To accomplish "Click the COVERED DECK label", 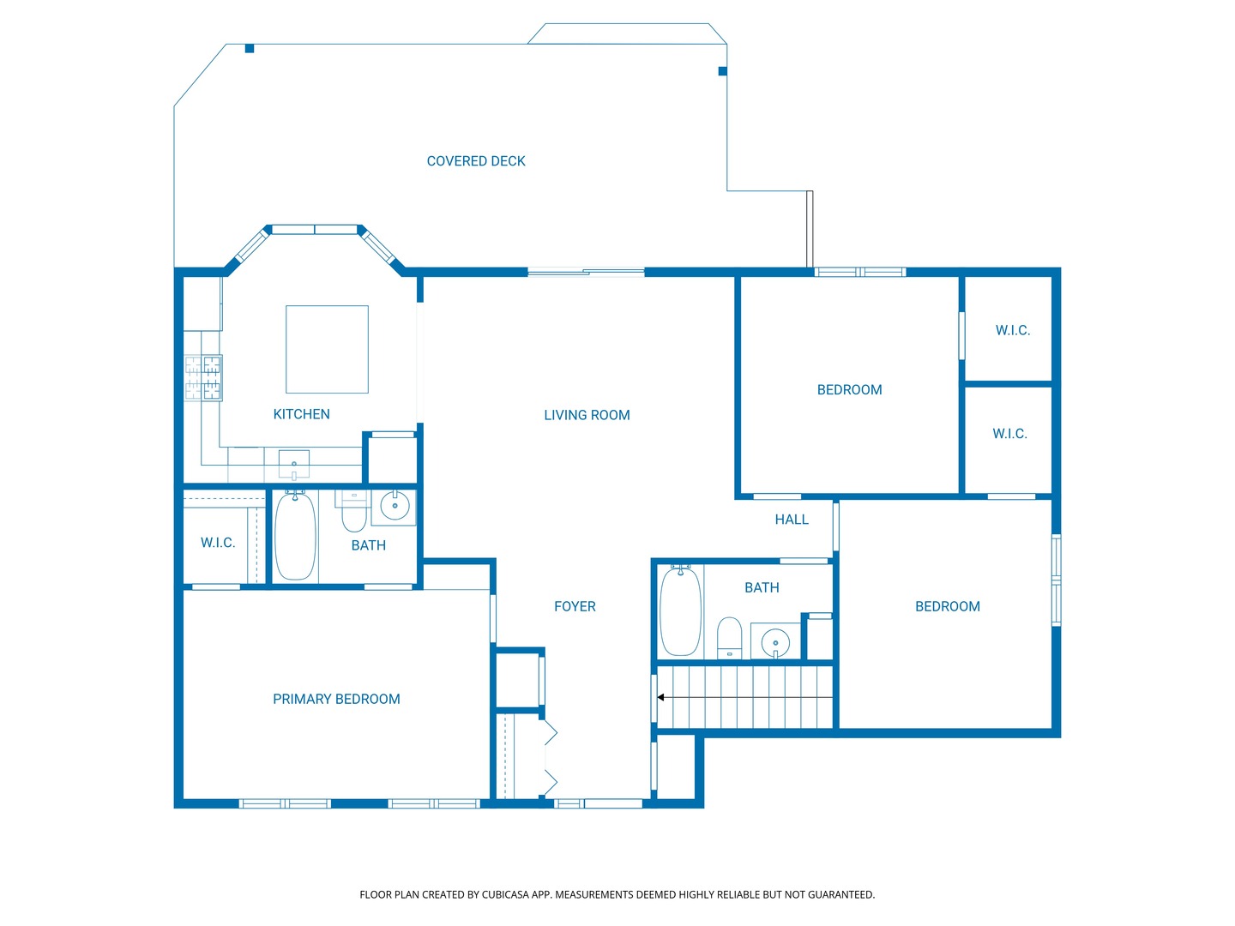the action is pyautogui.click(x=475, y=161).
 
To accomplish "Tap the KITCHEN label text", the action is pyautogui.click(x=301, y=414).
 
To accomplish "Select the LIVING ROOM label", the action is pyautogui.click(x=587, y=416).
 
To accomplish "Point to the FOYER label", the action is pyautogui.click(x=575, y=607).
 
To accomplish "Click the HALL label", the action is pyautogui.click(x=791, y=520).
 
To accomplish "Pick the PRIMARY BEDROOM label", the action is pyautogui.click(x=336, y=700).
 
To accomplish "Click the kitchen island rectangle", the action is pyautogui.click(x=327, y=350).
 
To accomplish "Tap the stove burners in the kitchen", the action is pyautogui.click(x=203, y=378).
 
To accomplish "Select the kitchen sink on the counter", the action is pyautogui.click(x=293, y=465).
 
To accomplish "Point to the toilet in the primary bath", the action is pyautogui.click(x=354, y=512).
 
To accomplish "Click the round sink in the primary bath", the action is pyautogui.click(x=395, y=506).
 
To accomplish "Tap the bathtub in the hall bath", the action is pyautogui.click(x=680, y=611).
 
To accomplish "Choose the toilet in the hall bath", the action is pyautogui.click(x=730, y=638).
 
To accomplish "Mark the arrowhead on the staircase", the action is pyautogui.click(x=660, y=698).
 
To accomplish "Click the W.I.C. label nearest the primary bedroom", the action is pyautogui.click(x=218, y=543).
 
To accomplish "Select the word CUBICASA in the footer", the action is pyautogui.click(x=503, y=895).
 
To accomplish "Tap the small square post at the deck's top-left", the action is pyautogui.click(x=250, y=49).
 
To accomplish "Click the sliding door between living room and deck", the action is pyautogui.click(x=586, y=273).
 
